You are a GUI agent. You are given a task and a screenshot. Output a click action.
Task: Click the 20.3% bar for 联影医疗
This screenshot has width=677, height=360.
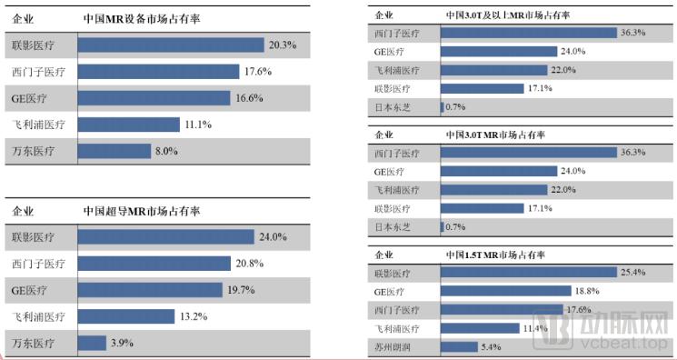click(171, 44)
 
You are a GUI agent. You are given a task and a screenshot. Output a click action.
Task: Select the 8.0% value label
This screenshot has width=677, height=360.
click(165, 151)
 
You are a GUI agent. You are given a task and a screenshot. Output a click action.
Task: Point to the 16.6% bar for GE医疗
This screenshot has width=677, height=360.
click(155, 97)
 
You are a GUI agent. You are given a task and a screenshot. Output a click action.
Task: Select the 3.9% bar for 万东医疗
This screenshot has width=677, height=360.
click(92, 343)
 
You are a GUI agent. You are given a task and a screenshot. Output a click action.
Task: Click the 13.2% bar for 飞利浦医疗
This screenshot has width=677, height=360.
click(126, 316)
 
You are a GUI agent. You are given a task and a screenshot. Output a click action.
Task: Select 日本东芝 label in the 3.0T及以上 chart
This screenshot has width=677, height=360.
click(393, 107)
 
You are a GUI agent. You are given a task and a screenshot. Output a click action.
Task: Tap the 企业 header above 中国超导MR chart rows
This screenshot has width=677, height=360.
click(24, 211)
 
